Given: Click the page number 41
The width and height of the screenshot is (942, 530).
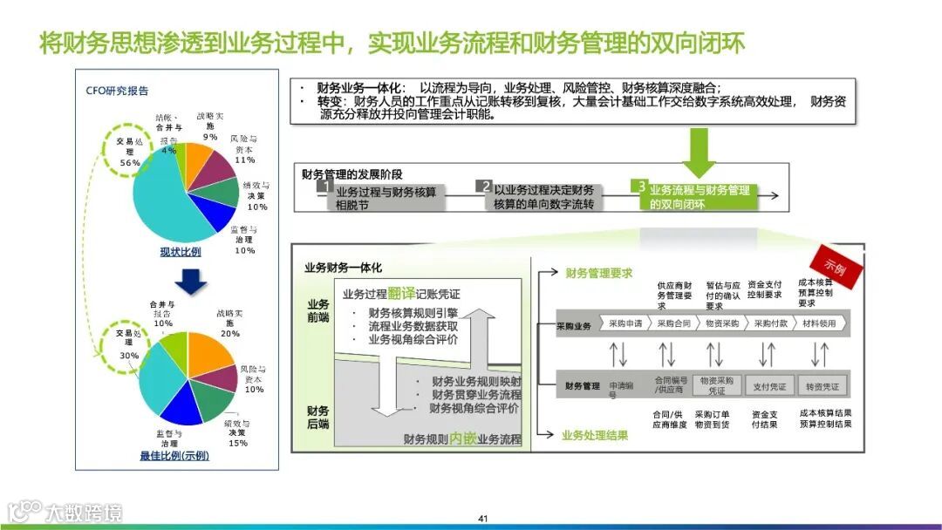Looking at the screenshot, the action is coord(482,519).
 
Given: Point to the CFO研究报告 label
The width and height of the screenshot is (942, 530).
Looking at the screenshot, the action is coord(117,91).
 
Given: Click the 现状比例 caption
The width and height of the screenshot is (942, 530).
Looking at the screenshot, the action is coord(181,253).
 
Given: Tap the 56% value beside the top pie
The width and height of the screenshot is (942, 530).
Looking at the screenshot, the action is coord(130,163).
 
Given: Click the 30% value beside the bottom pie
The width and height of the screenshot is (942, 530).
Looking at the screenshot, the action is coord(129,356).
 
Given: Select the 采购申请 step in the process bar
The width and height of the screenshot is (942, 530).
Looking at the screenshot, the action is coord(625,323).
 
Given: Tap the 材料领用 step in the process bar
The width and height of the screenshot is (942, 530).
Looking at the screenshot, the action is coord(819,323).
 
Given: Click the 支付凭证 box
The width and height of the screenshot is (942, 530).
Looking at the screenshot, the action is coord(769,385).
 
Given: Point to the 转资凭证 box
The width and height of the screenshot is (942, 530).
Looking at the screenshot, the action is coord(822,385).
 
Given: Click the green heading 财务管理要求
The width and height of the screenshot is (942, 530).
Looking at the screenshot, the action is coord(598,273).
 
